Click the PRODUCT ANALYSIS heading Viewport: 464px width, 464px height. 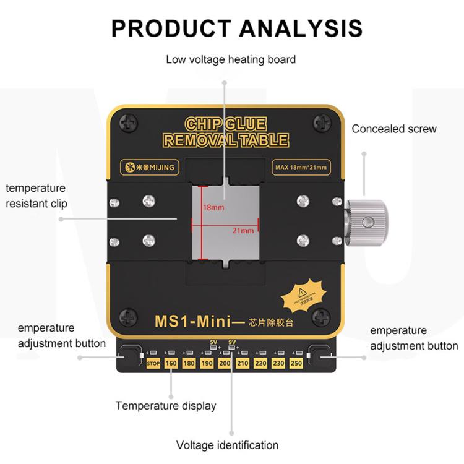point(237,28)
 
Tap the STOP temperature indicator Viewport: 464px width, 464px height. point(153,363)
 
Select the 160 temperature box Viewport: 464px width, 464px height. point(171,363)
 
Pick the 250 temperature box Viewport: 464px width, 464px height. point(296,363)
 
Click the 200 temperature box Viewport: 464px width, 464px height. point(225,363)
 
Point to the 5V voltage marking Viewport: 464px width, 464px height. point(214,342)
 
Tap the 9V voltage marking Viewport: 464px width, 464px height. point(233,342)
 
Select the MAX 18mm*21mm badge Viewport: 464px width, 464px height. point(299,166)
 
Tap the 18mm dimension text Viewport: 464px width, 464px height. point(213,208)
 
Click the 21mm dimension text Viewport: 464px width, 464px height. point(244,231)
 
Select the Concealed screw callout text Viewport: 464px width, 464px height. point(394,129)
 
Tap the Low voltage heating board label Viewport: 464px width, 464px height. point(231,59)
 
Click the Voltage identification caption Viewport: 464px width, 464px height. point(227,445)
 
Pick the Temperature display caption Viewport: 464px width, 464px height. point(166,406)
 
